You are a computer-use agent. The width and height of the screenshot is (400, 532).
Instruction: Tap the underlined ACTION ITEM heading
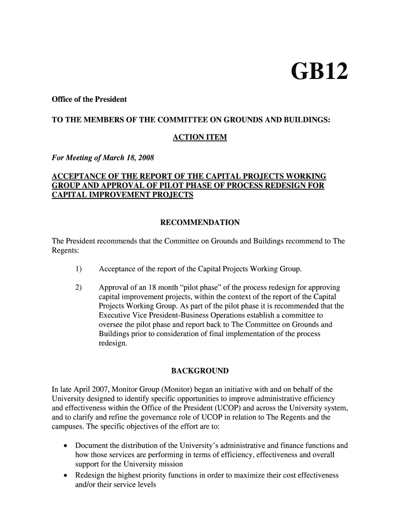[199, 138]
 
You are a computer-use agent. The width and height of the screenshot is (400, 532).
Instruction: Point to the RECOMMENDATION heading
[199, 222]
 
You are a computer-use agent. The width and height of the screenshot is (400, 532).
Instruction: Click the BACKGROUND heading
[199, 371]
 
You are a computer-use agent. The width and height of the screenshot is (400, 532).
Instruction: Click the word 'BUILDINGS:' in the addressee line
[306, 119]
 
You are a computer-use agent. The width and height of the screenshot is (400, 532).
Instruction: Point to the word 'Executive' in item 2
[114, 315]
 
